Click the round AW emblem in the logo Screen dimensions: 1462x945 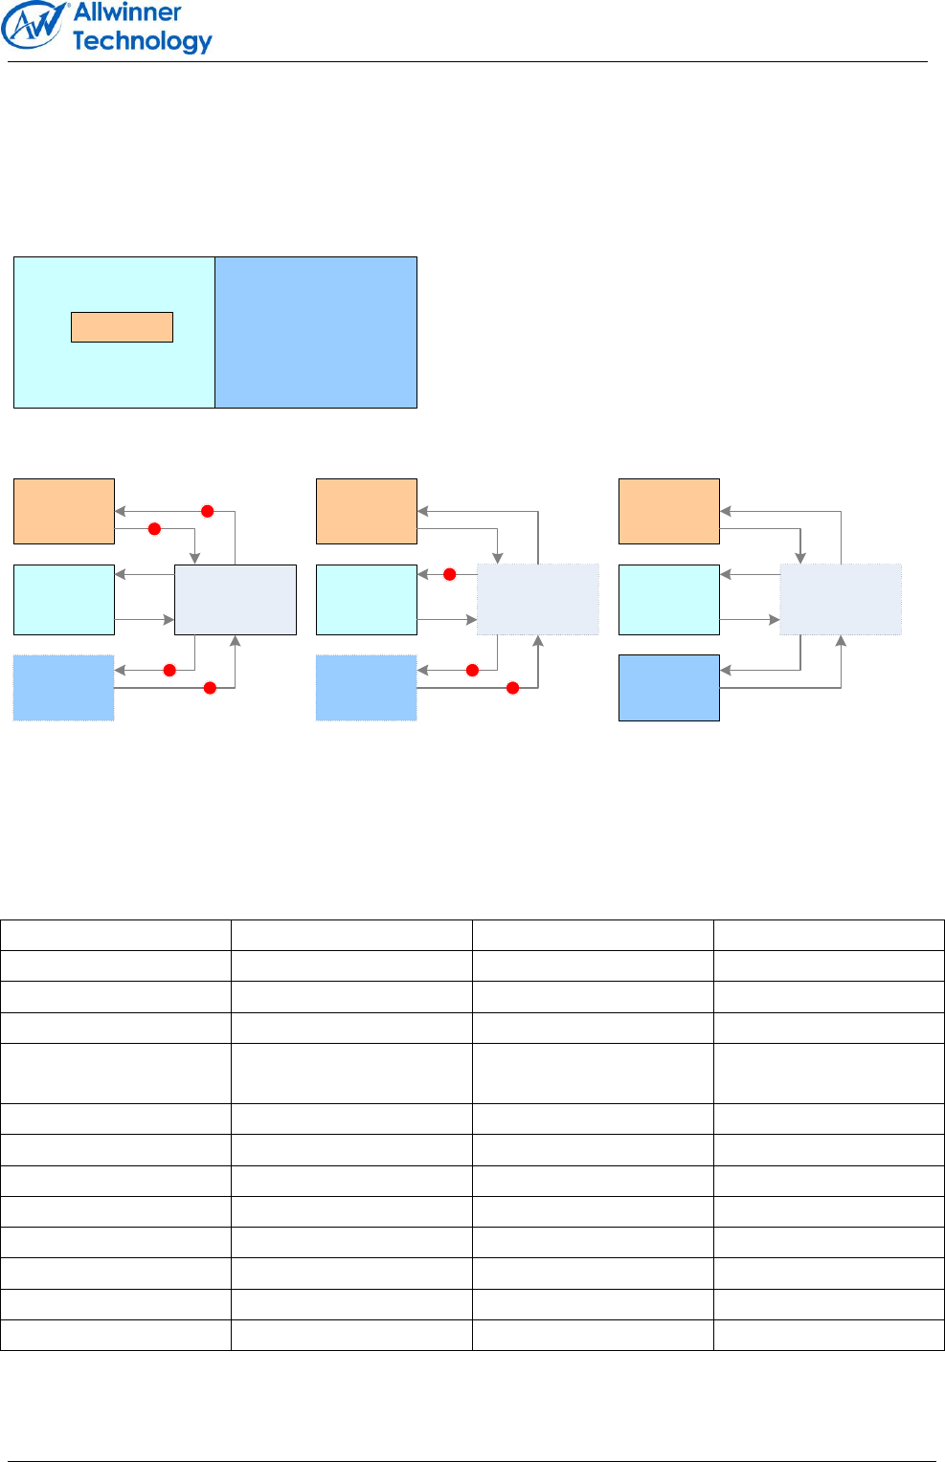click(x=34, y=26)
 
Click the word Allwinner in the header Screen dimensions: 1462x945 click(x=127, y=12)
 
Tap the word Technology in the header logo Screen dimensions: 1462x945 click(x=142, y=41)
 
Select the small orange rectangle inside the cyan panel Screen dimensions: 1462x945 click(x=122, y=327)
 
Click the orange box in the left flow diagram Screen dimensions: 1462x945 click(x=64, y=511)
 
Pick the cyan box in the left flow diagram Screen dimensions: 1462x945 click(x=64, y=600)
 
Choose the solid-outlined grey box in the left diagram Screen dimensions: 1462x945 click(x=236, y=600)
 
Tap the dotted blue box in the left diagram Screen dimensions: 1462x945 click(x=64, y=688)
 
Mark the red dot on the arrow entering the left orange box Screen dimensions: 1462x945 click(x=207, y=511)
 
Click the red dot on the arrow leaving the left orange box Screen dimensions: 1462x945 click(x=154, y=529)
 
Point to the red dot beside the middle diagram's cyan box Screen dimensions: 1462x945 click(x=449, y=574)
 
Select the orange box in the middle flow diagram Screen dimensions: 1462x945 click(x=367, y=511)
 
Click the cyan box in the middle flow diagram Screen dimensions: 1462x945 click(x=367, y=600)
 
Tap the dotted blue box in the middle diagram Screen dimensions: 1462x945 click(x=367, y=688)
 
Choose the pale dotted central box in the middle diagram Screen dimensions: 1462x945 click(x=538, y=600)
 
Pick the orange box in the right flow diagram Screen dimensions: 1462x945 click(x=669, y=511)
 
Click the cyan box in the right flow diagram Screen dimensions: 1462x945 click(x=669, y=600)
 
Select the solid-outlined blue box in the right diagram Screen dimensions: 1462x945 click(x=669, y=688)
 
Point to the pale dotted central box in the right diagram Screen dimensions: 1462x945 click(x=841, y=600)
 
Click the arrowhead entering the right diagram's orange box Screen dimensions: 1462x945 click(x=726, y=511)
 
